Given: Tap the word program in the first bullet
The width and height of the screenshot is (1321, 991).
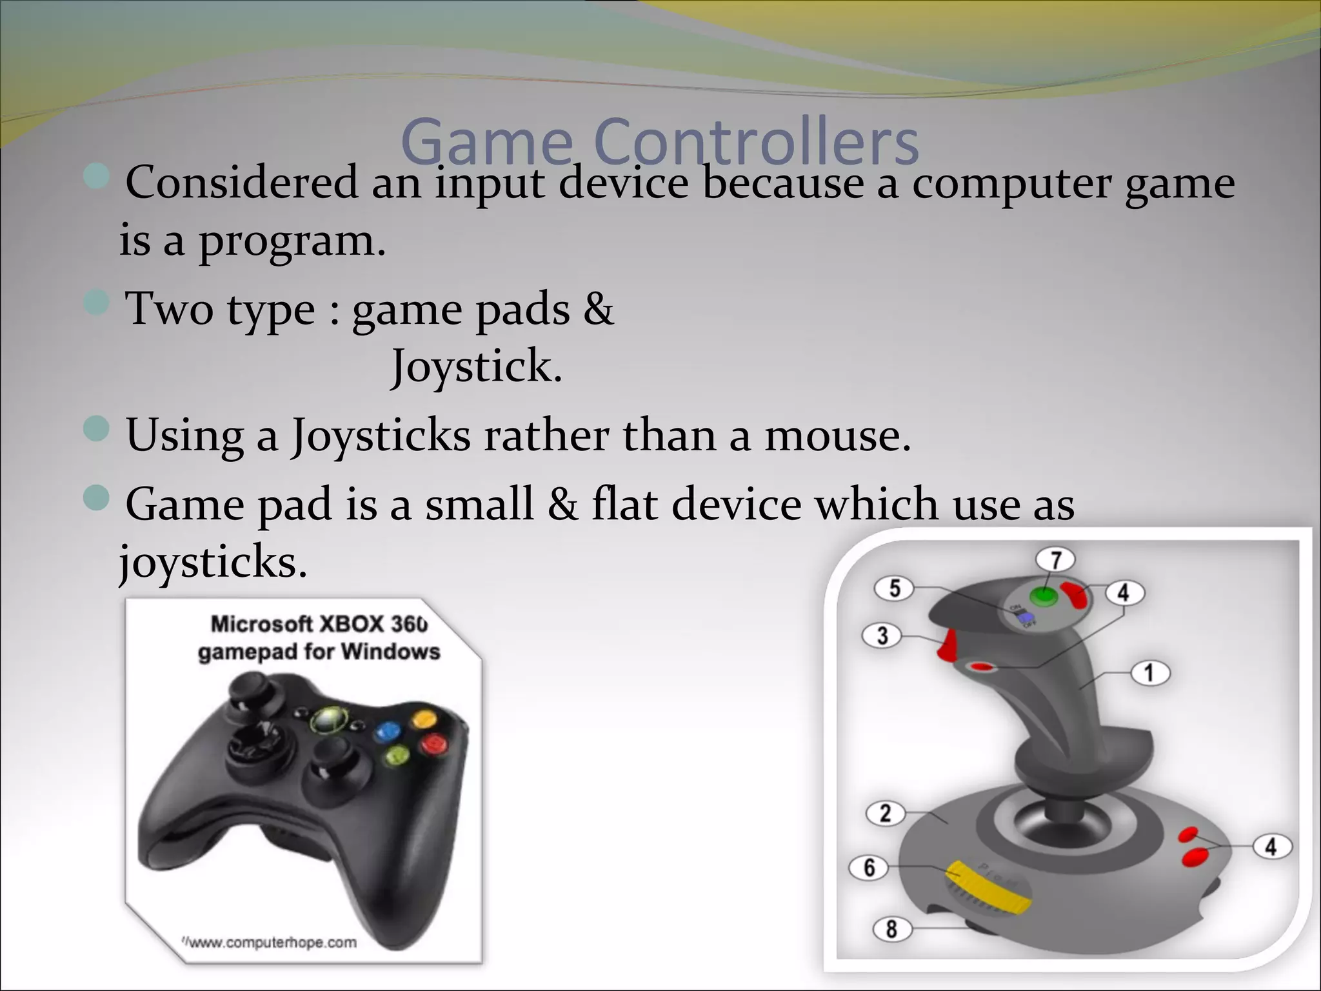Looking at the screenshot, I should coord(291,241).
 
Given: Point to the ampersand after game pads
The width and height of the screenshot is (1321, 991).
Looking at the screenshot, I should coord(599,308).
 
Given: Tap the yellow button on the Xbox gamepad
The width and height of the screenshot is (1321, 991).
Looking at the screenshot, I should coord(422,718).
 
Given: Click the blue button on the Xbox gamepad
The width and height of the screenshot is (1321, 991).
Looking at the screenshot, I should coord(388,731).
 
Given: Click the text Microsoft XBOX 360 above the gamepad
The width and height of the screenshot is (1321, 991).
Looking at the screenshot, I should coord(319,624).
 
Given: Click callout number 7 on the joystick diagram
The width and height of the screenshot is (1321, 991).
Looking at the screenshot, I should coord(1056,560).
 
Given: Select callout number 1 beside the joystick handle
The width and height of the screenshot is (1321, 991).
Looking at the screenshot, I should coord(1149,674).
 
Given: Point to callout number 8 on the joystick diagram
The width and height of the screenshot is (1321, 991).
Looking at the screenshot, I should coord(891,929).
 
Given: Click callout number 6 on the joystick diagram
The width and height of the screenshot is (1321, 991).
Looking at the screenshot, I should coord(869,867).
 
